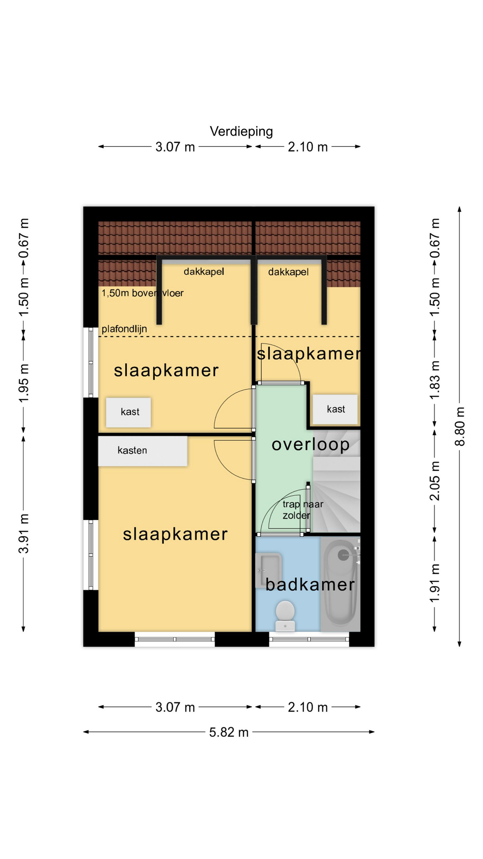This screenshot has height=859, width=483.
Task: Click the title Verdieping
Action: point(241,132)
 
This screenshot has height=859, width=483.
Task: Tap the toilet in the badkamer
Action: point(285,616)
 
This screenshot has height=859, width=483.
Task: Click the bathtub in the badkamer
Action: point(341,582)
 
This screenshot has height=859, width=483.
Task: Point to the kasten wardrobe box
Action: point(143,451)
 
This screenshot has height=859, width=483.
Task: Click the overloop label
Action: point(310,445)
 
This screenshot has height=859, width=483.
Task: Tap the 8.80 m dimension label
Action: point(460,426)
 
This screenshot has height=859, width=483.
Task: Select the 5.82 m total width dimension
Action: point(229,732)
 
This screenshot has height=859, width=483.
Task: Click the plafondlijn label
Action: point(124,329)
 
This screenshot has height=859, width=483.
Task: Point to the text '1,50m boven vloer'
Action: point(143,293)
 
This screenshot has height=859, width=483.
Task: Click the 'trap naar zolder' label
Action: point(303,510)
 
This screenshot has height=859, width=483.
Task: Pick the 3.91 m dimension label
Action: point(23,533)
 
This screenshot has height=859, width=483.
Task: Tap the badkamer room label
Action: point(310,585)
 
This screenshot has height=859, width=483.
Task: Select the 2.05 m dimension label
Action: point(434,481)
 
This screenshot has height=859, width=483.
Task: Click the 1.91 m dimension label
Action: point(434,583)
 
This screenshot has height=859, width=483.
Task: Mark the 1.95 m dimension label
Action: point(23,383)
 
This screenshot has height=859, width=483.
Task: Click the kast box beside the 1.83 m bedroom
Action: point(335,409)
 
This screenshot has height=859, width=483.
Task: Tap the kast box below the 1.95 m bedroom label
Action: point(128,412)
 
